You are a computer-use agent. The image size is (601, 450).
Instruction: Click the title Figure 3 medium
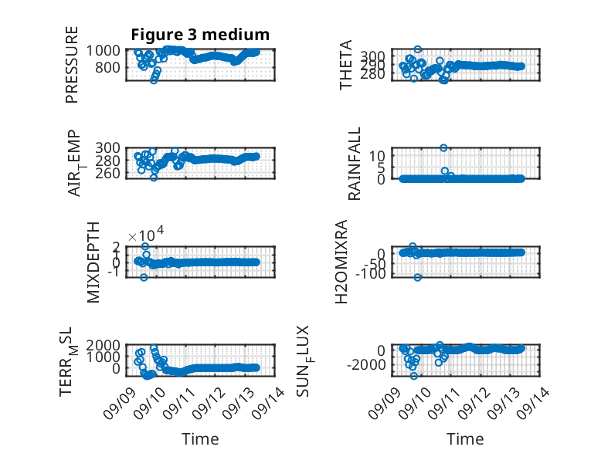pyautogui.click(x=200, y=35)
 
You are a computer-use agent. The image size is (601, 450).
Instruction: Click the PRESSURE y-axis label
pyautogui.click(x=72, y=65)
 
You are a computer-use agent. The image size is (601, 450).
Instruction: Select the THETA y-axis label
pyautogui.click(x=346, y=65)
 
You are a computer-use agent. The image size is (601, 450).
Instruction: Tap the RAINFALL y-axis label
pyautogui.click(x=354, y=164)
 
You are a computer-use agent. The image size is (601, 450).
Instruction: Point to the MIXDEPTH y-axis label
pyautogui.click(x=93, y=262)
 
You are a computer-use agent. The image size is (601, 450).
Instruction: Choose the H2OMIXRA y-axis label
pyautogui.click(x=341, y=262)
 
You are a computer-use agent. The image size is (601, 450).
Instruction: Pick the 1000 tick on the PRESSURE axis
pyautogui.click(x=103, y=50)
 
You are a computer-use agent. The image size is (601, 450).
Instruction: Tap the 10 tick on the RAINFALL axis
pyautogui.click(x=378, y=156)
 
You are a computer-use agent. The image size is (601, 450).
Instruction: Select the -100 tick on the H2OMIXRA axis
pyautogui.click(x=370, y=274)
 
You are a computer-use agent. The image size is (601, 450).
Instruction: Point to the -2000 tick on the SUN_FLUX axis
pyautogui.click(x=366, y=365)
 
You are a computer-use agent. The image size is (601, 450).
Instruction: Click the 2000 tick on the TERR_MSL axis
pyautogui.click(x=103, y=346)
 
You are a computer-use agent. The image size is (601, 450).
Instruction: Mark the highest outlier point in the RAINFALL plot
pyautogui.click(x=443, y=148)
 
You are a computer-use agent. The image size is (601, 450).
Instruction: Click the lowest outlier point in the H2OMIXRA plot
pyautogui.click(x=417, y=277)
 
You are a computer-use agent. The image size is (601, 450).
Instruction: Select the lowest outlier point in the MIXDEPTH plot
pyautogui.click(x=144, y=277)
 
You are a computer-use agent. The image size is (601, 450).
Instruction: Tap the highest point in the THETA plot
pyautogui.click(x=418, y=49)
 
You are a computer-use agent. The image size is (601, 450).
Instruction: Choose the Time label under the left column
pyautogui.click(x=200, y=439)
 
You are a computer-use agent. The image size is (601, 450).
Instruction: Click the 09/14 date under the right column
pyautogui.click(x=534, y=403)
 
